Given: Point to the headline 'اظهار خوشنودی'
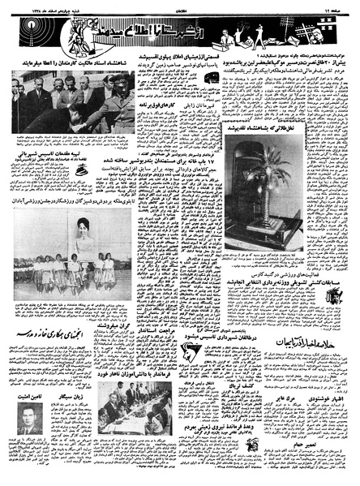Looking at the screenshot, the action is pos(320,376).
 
